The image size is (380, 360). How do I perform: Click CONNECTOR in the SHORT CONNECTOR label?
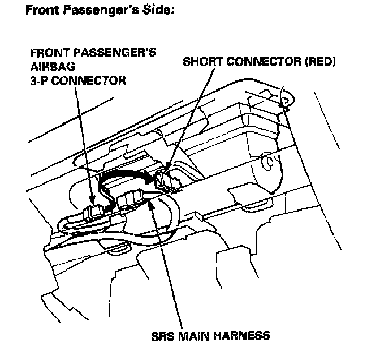click(x=263, y=61)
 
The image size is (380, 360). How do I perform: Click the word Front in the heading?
click(x=41, y=11)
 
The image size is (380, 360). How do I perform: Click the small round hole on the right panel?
click(x=270, y=164)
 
